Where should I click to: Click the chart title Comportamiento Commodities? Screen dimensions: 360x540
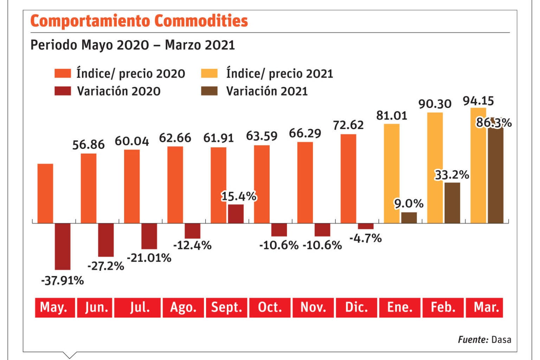click(139, 21)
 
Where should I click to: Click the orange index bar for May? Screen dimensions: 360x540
click(45, 193)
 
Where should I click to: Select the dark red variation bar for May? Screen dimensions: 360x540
click(63, 246)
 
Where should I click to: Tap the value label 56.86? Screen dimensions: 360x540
click(88, 144)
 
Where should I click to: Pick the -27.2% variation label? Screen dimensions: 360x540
click(105, 266)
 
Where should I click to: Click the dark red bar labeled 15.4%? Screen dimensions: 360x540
click(236, 214)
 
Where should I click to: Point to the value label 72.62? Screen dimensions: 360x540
click(348, 125)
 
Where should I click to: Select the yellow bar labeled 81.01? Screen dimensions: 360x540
click(392, 173)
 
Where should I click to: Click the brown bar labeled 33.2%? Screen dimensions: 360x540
click(452, 203)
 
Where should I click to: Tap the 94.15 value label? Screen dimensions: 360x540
click(478, 101)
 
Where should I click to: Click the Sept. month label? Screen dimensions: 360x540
click(226, 308)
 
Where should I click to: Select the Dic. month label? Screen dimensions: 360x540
click(356, 308)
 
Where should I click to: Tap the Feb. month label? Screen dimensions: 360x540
click(443, 308)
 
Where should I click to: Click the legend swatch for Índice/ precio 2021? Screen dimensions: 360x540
click(209, 73)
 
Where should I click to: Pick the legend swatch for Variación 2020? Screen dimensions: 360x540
click(63, 91)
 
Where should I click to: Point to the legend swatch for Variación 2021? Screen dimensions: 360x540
click(209, 91)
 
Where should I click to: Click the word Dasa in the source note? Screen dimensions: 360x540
click(501, 340)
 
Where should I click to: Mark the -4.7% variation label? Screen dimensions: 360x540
click(365, 238)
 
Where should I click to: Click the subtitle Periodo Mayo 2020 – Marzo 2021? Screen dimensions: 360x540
click(133, 45)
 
